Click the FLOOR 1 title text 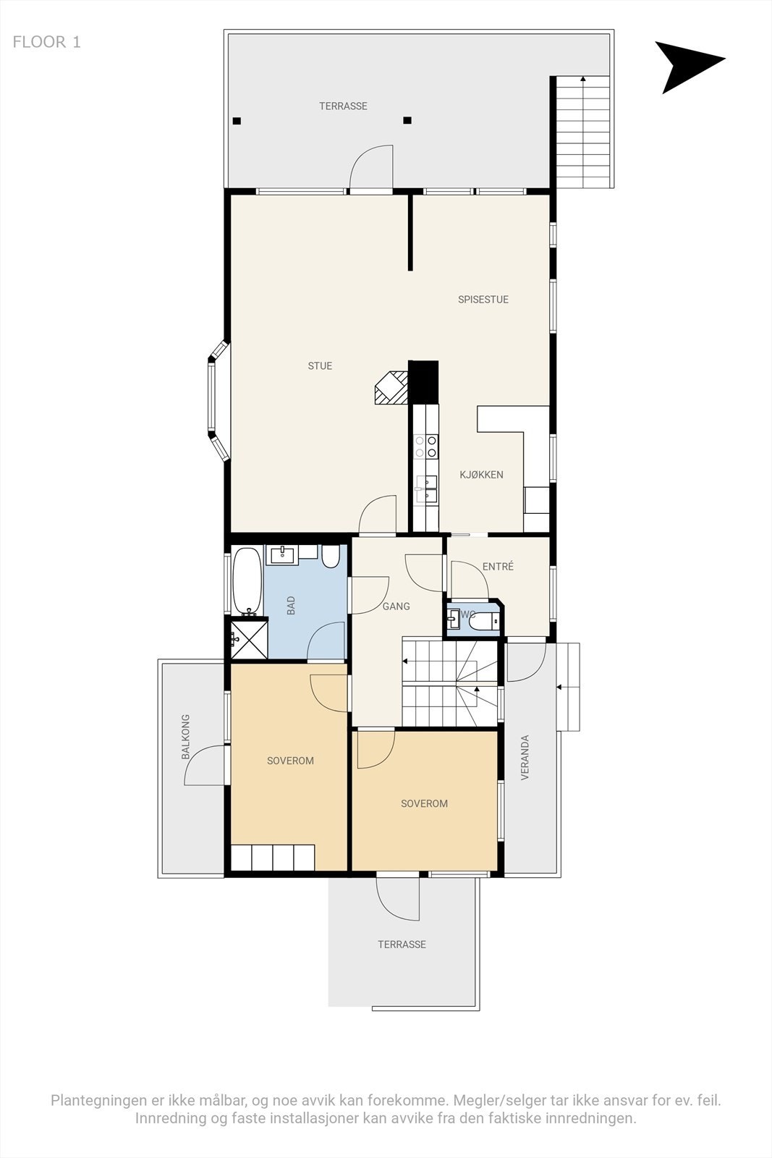(x=46, y=42)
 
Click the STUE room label (x=320, y=366)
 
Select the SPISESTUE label (x=483, y=300)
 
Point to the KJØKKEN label (x=481, y=476)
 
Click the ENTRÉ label (x=498, y=567)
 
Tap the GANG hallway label (x=396, y=607)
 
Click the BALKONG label (x=186, y=737)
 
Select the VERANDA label (x=525, y=758)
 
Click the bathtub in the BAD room (x=247, y=581)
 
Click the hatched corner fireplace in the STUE (x=391, y=388)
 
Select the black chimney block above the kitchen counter (x=424, y=381)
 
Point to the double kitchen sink (x=425, y=489)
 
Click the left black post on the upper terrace (x=237, y=122)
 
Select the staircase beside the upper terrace (x=582, y=131)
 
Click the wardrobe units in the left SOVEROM (x=273, y=858)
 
